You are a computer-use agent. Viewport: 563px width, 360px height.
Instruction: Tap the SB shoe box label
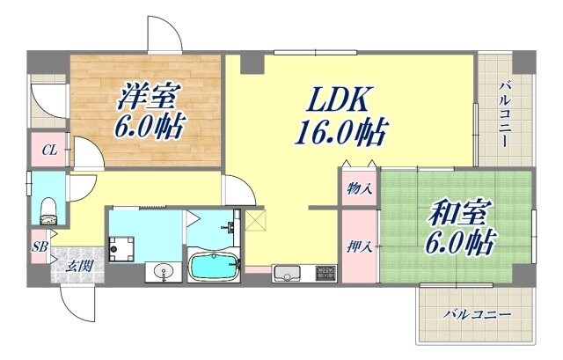(40, 246)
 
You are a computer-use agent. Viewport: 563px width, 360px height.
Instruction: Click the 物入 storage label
(358, 187)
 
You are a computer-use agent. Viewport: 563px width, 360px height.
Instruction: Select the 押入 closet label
(359, 246)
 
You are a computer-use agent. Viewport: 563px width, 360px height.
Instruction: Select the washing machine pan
(122, 246)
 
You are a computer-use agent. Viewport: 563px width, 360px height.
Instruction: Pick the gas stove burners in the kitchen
(323, 274)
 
